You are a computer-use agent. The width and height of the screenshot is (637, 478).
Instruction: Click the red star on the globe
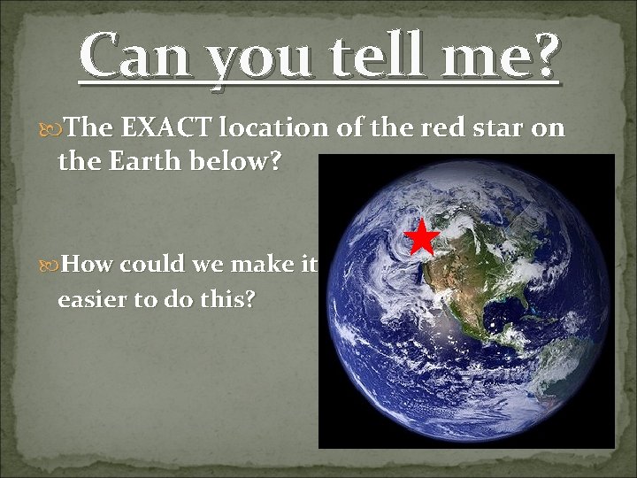click(422, 236)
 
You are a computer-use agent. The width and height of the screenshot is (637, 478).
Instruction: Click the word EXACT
click(167, 128)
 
